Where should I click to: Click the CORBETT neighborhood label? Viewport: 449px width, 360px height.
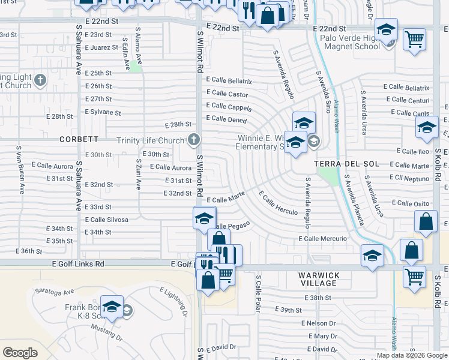79,139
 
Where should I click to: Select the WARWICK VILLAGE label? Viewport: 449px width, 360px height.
319,279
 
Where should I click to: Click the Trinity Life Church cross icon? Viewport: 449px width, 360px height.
193,140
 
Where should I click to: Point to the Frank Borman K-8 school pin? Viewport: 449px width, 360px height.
112,307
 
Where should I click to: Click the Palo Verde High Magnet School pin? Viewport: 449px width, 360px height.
386,30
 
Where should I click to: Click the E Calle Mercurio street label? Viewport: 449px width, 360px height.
323,239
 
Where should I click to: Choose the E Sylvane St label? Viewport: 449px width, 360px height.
103,112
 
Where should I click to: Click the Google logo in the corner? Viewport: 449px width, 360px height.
20,353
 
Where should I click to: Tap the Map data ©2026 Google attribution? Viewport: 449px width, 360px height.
412,355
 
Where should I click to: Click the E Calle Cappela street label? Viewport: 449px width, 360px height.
229,107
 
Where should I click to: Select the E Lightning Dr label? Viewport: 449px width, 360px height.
174,302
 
